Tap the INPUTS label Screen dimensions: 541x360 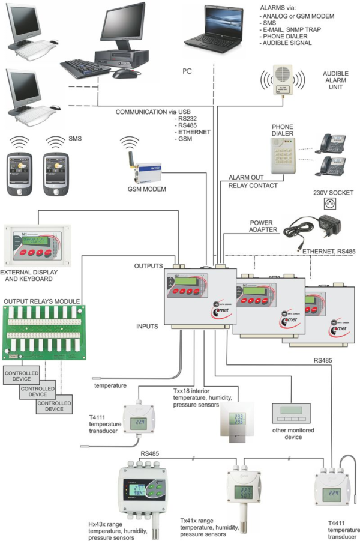[146, 327]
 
